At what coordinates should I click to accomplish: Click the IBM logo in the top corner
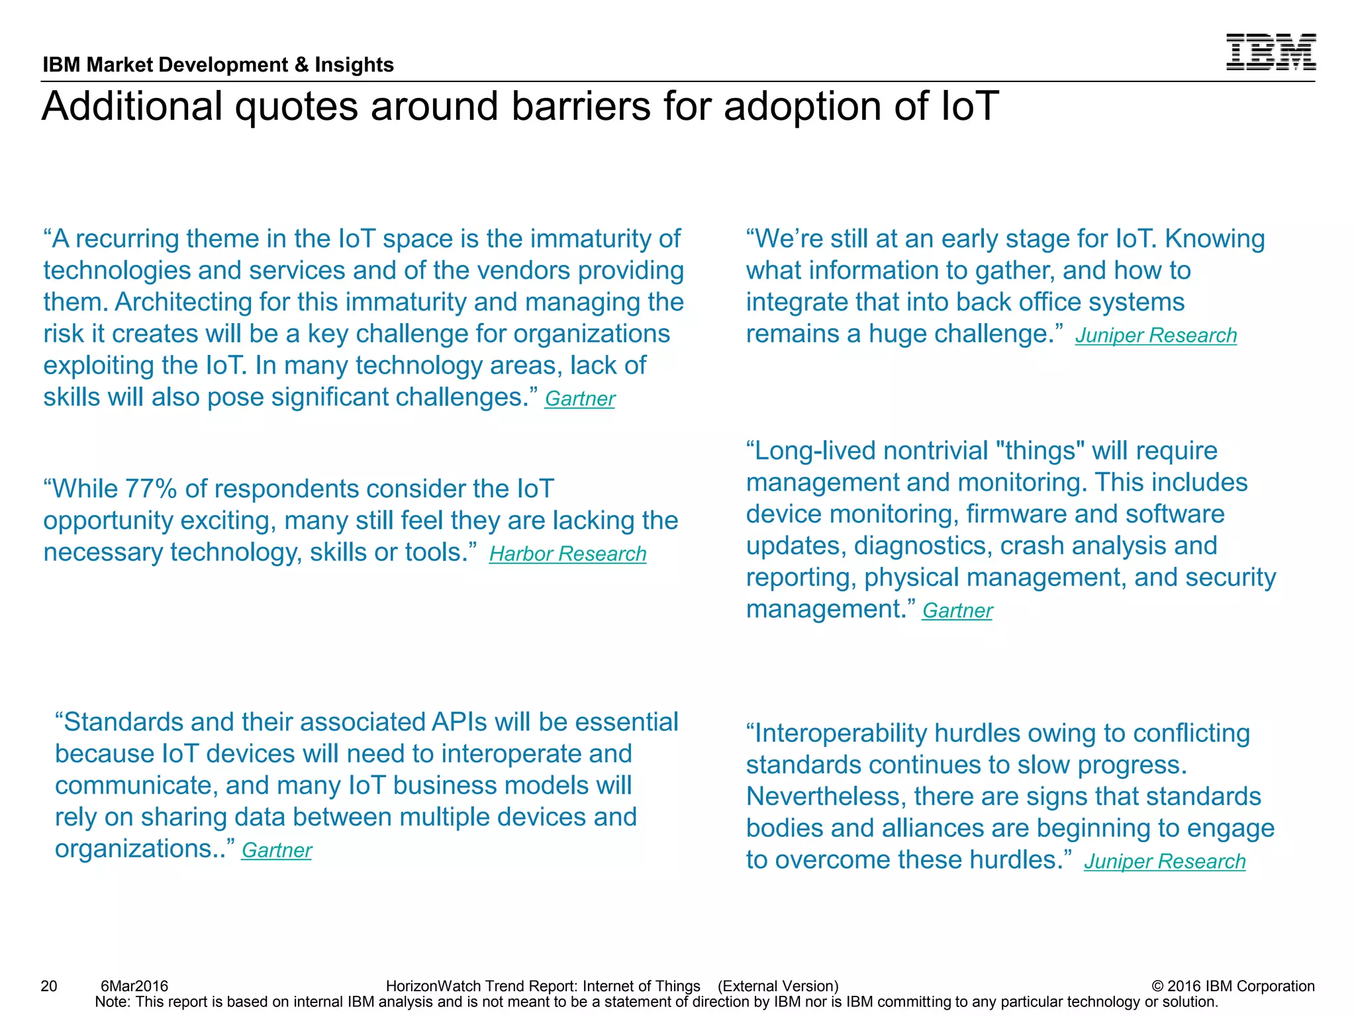[x=1271, y=52]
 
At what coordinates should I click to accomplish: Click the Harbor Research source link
[x=567, y=554]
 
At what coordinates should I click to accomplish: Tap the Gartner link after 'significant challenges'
[x=579, y=399]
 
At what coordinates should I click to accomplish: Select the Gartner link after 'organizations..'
[x=276, y=850]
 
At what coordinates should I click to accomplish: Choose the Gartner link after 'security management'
[x=957, y=610]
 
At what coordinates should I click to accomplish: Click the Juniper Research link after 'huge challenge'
[x=1155, y=335]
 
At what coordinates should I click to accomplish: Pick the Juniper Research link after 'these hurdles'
[x=1164, y=861]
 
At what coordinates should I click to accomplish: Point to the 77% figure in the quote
[x=150, y=489]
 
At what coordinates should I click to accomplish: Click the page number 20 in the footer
[x=49, y=986]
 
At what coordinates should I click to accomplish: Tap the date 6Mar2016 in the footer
[x=134, y=986]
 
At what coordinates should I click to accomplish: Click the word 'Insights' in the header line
[x=354, y=65]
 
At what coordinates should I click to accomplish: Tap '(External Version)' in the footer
[x=778, y=986]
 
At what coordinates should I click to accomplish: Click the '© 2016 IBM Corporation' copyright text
[x=1233, y=986]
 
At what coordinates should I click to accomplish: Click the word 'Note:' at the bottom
[x=113, y=1002]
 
